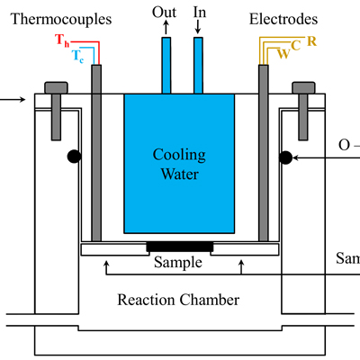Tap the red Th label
62,41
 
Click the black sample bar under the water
179,246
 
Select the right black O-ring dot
285,157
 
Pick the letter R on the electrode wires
310,41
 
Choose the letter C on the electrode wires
297,45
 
